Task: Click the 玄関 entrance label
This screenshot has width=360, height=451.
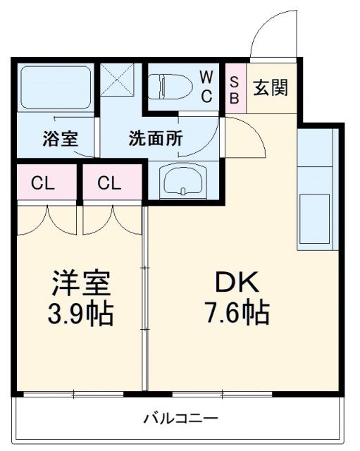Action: click(271, 88)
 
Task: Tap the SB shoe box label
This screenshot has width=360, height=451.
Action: click(234, 89)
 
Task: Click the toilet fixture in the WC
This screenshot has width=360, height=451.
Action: click(171, 87)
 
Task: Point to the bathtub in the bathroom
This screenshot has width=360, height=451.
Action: click(56, 87)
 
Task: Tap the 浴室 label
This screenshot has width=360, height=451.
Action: click(56, 137)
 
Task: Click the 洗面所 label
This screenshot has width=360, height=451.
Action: click(156, 137)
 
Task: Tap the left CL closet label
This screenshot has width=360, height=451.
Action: click(44, 183)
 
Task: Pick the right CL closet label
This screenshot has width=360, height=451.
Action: click(109, 183)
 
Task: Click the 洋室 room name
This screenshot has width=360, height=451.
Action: click(81, 284)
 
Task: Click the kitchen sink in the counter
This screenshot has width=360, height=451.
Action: click(315, 218)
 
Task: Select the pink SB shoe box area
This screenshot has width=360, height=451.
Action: click(234, 89)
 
